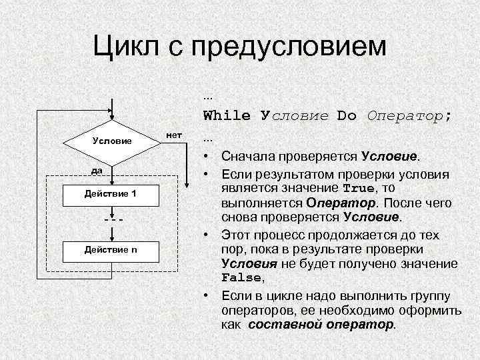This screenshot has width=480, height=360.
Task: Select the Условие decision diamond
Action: click(112, 141)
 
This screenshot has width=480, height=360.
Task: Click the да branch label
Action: click(97, 171)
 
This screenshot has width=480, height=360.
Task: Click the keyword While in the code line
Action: click(227, 115)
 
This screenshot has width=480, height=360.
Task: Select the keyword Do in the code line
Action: click(347, 115)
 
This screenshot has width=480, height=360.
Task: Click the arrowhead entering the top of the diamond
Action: click(112, 117)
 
